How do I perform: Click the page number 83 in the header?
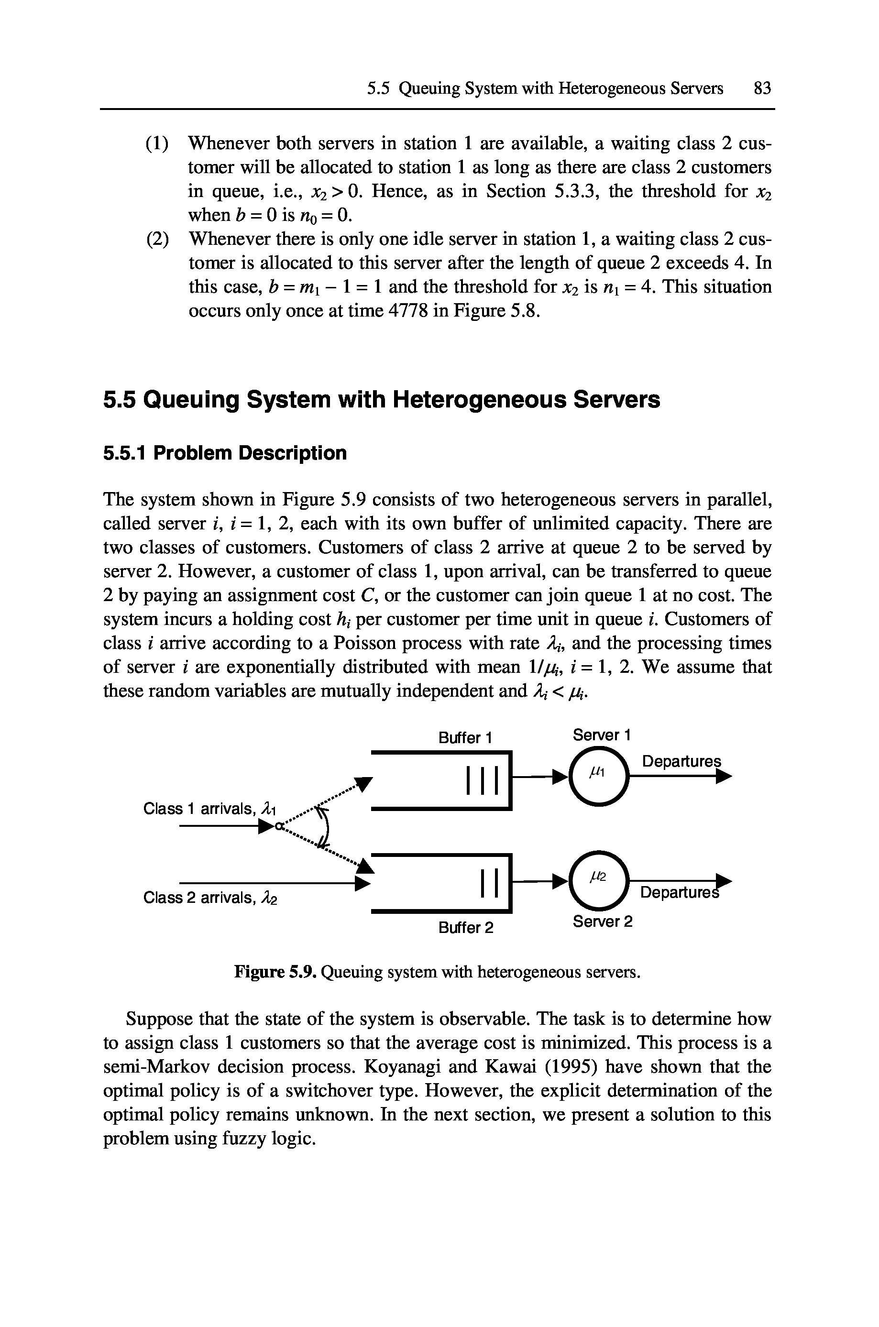click(762, 88)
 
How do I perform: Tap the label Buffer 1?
click(465, 738)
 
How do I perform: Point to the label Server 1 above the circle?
click(602, 735)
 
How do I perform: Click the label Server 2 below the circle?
click(602, 922)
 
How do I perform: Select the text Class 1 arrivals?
click(201, 809)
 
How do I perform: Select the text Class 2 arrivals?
click(201, 898)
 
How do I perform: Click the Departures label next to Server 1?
click(681, 762)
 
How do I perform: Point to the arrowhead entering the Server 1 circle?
click(562, 777)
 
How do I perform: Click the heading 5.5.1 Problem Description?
click(225, 453)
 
